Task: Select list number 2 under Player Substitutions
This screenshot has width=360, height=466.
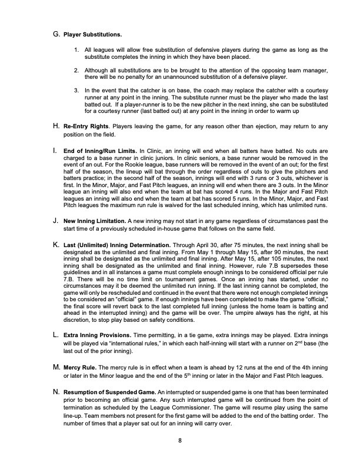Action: tap(77, 71)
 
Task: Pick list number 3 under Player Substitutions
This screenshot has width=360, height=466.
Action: tap(77, 90)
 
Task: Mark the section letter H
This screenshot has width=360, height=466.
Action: tap(56, 125)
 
